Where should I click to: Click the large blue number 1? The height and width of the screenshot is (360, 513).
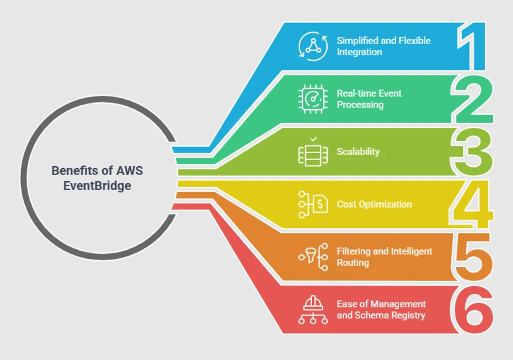click(474, 46)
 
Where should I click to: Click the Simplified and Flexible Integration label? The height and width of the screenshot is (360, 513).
click(383, 46)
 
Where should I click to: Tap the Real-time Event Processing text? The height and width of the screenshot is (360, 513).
click(369, 99)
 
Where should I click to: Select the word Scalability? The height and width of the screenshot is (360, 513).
click(358, 151)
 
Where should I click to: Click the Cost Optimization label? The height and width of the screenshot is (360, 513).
click(374, 204)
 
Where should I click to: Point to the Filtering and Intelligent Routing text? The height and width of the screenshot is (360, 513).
click(384, 257)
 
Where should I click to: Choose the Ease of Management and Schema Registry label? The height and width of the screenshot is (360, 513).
click(381, 309)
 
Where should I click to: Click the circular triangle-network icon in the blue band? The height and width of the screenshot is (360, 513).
click(313, 46)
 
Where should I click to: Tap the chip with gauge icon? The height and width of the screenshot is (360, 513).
click(313, 99)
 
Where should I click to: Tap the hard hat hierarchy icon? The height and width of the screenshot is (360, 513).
click(313, 309)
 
